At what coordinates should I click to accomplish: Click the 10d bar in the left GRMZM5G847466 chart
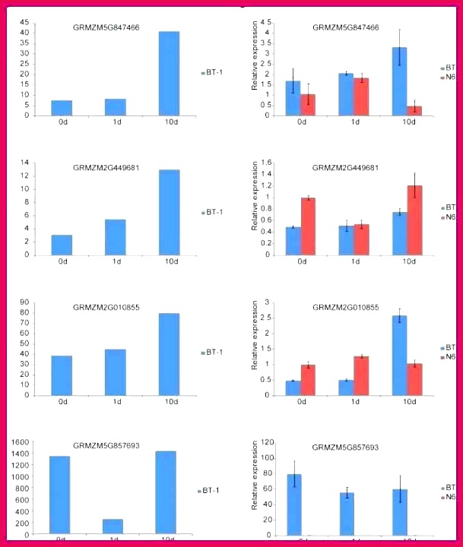pos(169,74)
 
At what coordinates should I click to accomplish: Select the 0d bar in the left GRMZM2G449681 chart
pos(62,245)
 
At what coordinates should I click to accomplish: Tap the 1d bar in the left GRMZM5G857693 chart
pos(113,526)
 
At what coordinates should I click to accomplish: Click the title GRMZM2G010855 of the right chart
pos(345,308)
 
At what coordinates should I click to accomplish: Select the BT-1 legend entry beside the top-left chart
pos(212,73)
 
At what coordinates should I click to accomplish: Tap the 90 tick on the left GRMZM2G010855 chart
pos(24,302)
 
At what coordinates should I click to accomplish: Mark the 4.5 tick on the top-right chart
pos(265,24)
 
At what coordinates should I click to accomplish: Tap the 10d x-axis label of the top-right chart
pos(409,122)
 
